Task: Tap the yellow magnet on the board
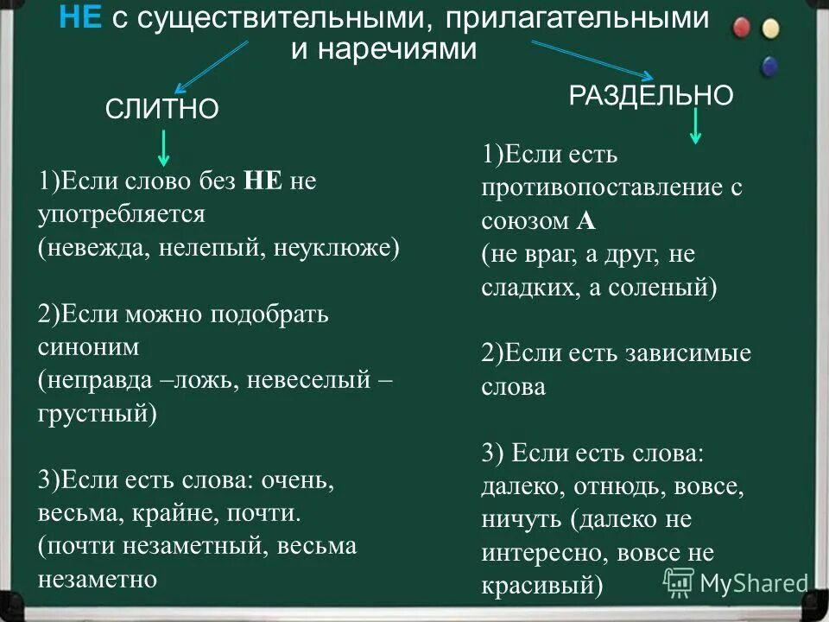[770, 29]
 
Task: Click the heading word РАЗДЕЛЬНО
[651, 95]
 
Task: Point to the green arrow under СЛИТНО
[163, 148]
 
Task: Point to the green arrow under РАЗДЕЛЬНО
[697, 129]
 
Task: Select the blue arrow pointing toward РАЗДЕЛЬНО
[602, 62]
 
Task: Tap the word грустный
[93, 412]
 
